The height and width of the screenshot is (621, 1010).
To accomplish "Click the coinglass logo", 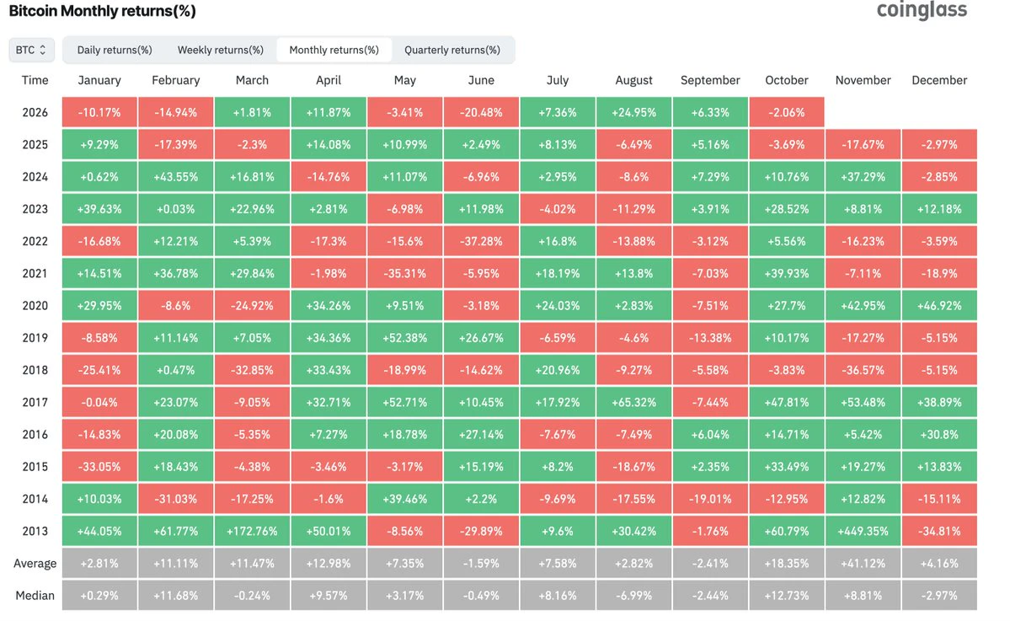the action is (x=922, y=10).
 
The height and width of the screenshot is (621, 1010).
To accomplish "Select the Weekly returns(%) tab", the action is (x=221, y=50).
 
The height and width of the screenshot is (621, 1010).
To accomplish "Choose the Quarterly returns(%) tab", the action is (x=452, y=50).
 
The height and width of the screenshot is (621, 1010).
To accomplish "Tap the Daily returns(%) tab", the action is (x=115, y=50).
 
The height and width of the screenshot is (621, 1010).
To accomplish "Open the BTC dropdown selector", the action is (x=31, y=50).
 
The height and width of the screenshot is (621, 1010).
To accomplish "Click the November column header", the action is (x=863, y=80).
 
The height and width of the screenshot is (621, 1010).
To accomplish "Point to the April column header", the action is (x=329, y=80).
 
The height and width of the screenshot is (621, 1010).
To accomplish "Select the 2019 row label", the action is (x=35, y=338).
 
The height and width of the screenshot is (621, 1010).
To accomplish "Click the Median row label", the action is (x=35, y=595).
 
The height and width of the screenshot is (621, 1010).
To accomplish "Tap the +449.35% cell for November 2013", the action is (x=863, y=531).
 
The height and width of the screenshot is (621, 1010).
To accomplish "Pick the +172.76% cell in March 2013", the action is (x=252, y=531).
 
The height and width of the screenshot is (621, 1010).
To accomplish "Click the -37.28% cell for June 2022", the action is (x=481, y=241).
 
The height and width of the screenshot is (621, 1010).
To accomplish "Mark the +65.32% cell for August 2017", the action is (x=633, y=402).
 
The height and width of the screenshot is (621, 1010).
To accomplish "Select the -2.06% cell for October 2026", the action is (x=787, y=112).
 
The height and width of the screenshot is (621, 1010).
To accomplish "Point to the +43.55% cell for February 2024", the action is (x=176, y=176).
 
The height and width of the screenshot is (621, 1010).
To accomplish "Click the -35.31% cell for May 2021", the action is (x=404, y=273).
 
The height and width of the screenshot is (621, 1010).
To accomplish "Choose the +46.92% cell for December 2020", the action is (x=939, y=305).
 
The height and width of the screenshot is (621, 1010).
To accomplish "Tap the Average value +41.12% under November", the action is (x=863, y=563).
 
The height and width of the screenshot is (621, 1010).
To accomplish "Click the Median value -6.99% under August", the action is (x=633, y=595).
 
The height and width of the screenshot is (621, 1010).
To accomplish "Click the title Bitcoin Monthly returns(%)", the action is (x=103, y=11).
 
